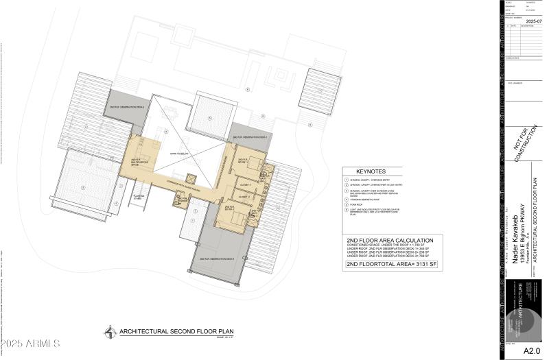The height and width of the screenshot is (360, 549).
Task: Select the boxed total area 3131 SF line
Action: (x=390, y=263)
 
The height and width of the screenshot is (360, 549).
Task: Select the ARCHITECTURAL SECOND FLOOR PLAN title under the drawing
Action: (x=154, y=331)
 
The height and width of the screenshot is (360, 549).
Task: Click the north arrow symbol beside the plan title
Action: (x=110, y=333)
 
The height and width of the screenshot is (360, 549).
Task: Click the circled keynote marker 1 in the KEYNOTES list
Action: (x=347, y=180)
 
